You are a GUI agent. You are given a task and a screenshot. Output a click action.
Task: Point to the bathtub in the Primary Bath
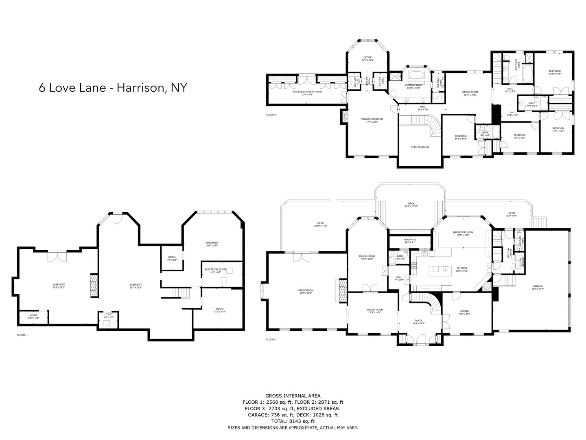coord(415,76)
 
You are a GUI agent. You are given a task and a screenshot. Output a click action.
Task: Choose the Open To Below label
coord(420,147)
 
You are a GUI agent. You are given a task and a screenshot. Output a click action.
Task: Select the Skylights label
coord(409,241)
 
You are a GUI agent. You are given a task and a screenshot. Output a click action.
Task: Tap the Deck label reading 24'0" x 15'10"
coord(411,205)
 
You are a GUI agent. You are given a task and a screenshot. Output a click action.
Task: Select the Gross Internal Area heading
coord(293,395)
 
